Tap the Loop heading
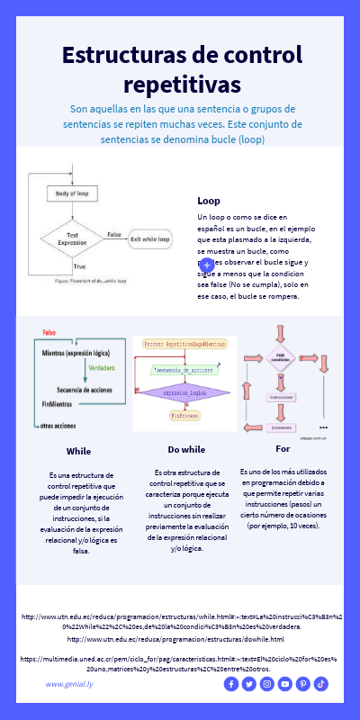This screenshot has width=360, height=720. [209, 201]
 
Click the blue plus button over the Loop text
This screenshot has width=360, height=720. [206, 265]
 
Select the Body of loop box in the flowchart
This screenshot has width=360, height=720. [72, 193]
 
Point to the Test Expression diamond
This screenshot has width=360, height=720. [72, 238]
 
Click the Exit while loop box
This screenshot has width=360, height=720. [150, 239]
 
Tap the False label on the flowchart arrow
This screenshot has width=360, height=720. [114, 234]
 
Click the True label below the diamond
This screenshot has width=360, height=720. [79, 266]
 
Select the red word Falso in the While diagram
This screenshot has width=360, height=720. [49, 333]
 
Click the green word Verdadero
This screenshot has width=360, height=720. [101, 369]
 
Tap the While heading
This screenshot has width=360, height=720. [78, 451]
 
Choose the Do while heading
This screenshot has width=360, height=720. [186, 449]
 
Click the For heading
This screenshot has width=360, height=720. [283, 448]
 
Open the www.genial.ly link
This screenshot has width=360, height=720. [69, 684]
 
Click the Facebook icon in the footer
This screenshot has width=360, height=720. [230, 684]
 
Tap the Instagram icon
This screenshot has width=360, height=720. [266, 684]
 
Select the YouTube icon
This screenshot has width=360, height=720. [285, 684]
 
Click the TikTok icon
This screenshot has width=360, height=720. [321, 684]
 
